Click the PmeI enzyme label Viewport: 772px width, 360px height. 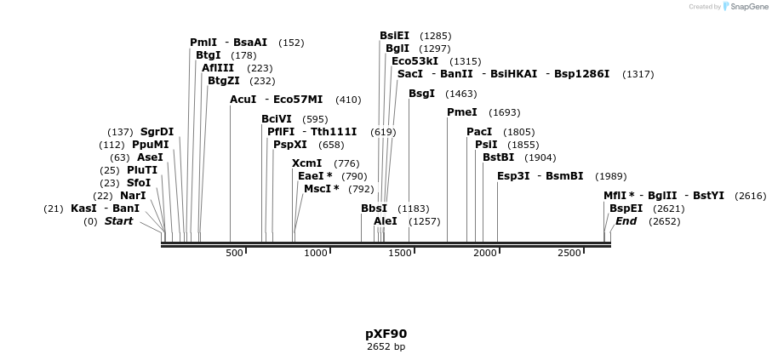click(461, 112)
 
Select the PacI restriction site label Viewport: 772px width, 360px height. click(479, 132)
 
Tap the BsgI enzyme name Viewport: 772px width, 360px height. click(421, 94)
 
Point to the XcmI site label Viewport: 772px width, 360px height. click(306, 163)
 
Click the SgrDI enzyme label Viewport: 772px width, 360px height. click(157, 132)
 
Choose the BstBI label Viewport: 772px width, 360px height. click(498, 157)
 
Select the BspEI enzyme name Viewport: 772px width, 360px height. click(626, 209)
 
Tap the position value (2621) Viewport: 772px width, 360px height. click(668, 209)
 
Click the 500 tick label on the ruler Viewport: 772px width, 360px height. click(234, 253)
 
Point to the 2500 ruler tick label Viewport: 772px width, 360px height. click(569, 253)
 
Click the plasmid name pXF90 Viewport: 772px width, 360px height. click(386, 334)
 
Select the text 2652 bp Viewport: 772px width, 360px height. click(386, 346)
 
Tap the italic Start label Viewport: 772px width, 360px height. click(118, 221)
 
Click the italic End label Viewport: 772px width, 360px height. click(626, 221)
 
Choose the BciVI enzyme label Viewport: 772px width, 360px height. click(277, 119)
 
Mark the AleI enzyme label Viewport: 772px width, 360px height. click(386, 221)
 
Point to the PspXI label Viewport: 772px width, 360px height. click(290, 145)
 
